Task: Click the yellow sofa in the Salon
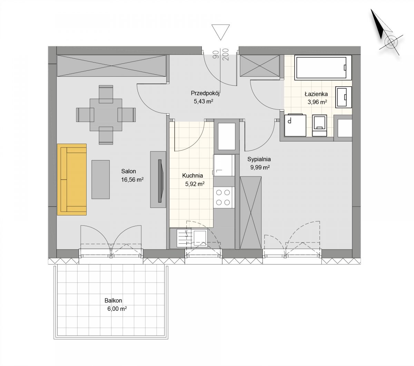tap(72, 180)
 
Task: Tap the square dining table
tap(106, 115)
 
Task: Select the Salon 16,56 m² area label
tap(132, 180)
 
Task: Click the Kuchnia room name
tap(193, 175)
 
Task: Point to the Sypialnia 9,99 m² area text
tap(260, 167)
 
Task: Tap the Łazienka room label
tap(316, 94)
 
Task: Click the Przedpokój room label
tap(205, 94)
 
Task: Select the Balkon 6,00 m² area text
tap(117, 309)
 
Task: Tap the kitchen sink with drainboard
tap(192, 238)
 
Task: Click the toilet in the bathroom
tap(319, 125)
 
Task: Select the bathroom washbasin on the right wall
tap(344, 97)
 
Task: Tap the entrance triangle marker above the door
tap(220, 32)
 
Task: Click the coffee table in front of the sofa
tap(100, 180)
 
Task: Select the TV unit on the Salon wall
tap(158, 180)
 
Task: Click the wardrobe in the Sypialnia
tap(251, 213)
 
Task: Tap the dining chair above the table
tap(106, 94)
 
